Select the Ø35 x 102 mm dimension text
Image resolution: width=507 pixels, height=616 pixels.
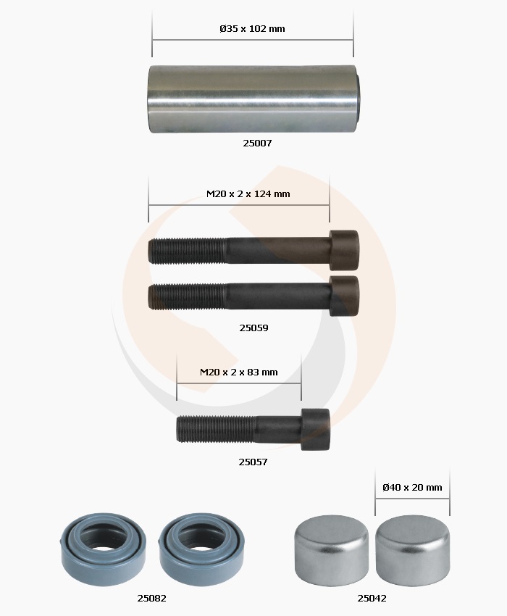click(252, 29)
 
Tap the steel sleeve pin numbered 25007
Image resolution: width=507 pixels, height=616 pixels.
click(254, 99)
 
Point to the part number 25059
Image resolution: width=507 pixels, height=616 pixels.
click(253, 328)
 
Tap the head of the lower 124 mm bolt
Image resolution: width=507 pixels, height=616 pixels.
click(344, 296)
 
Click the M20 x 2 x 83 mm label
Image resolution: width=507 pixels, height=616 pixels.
click(239, 372)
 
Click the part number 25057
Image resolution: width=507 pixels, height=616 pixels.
click(253, 462)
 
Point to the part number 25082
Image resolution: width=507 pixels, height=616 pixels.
click(151, 599)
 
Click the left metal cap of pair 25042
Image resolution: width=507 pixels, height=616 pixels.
click(332, 549)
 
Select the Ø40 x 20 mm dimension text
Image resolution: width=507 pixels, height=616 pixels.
click(412, 488)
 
